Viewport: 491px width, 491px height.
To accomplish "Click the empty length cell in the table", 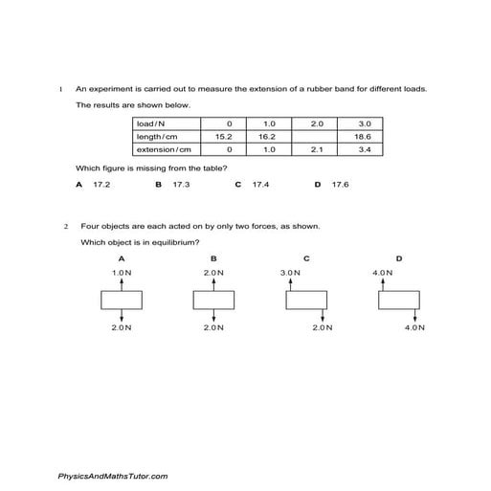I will (318, 137).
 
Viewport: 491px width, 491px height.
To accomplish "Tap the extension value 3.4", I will (364, 149).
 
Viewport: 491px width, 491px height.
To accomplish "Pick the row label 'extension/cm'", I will (165, 149).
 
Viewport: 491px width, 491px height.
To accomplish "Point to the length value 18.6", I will (364, 137).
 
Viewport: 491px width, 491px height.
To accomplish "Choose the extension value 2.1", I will (318, 149).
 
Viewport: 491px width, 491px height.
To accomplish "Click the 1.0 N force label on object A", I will (121, 273).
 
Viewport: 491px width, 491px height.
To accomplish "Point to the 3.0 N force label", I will (290, 273).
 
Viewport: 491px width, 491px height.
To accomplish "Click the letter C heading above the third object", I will (306, 258).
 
